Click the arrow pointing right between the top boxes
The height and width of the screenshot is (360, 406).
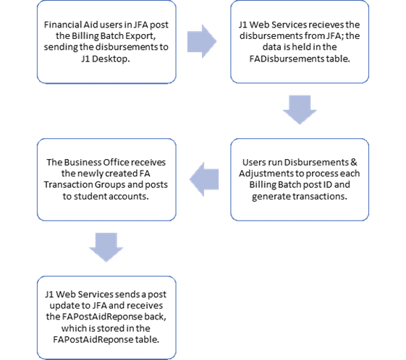click(x=202, y=41)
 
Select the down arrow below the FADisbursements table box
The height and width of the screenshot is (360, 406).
click(x=300, y=110)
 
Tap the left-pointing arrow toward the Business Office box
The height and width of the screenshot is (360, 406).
click(x=204, y=179)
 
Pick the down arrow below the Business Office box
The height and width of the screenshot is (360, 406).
click(x=106, y=247)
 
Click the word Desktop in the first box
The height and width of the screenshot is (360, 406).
click(x=111, y=59)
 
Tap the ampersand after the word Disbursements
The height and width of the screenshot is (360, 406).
click(x=354, y=162)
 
